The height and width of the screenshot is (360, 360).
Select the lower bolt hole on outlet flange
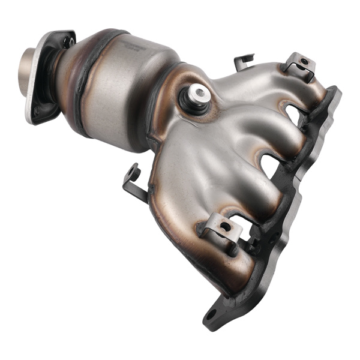(x=37, y=110)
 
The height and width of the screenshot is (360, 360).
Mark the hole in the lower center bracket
(x=224, y=226)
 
